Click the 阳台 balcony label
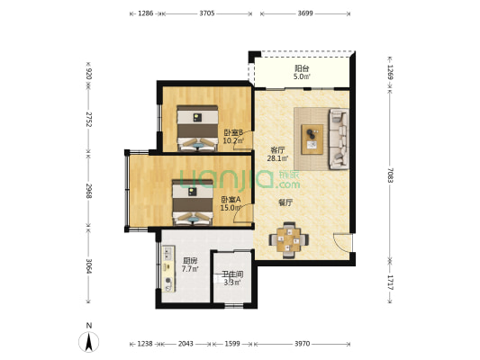[x=302, y=67]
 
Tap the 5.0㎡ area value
[x=302, y=76]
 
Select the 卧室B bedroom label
[x=233, y=133]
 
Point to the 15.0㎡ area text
[x=231, y=208]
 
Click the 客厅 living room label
[x=278, y=150]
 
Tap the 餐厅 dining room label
[x=285, y=202]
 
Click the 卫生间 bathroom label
[x=233, y=274]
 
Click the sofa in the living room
[x=339, y=139]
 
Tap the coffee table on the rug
[x=312, y=139]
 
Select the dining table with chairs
[x=289, y=240]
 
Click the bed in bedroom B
[x=197, y=128]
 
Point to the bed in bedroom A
[x=193, y=202]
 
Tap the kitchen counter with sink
[x=168, y=268]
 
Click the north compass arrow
[x=89, y=342]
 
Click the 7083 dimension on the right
[x=390, y=175]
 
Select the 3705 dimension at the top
[x=207, y=13]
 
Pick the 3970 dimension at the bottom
[x=303, y=344]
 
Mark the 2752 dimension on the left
[x=88, y=120]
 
